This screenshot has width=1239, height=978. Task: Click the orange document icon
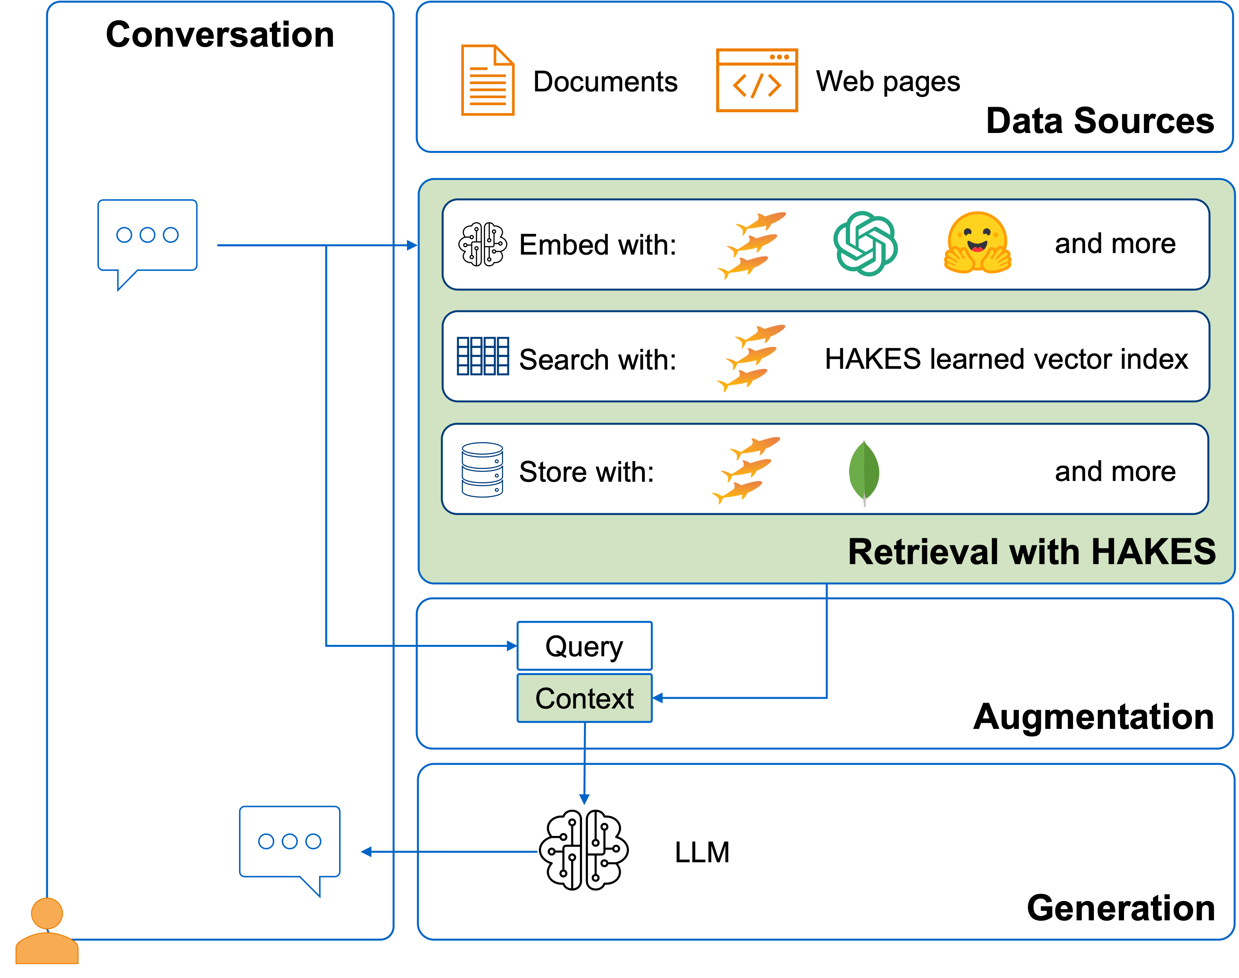[x=487, y=80]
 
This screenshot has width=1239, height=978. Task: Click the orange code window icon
[x=757, y=80]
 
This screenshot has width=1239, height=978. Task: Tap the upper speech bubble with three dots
[x=147, y=235]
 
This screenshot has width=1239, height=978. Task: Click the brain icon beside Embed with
[x=482, y=244]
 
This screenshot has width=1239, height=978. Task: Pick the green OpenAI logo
[x=865, y=244]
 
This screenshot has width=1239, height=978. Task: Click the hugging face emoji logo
[x=977, y=243]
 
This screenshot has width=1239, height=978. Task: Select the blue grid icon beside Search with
[x=482, y=356]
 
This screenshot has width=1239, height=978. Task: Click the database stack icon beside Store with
[x=482, y=470]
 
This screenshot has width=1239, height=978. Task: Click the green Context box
[x=584, y=698]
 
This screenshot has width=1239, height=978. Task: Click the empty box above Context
[x=584, y=646]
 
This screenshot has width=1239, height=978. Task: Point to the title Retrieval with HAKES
[x=1031, y=552]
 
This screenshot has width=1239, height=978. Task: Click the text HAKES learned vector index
[x=1006, y=359]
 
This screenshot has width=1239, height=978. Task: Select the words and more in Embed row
[x=1115, y=244]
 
